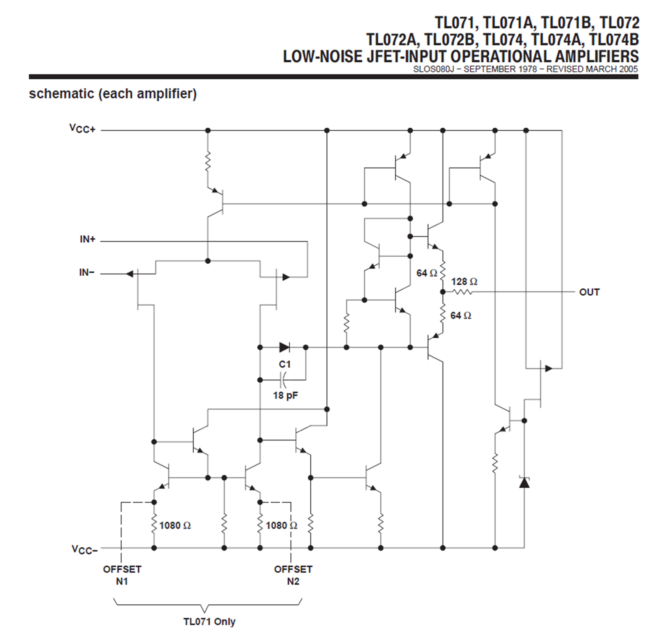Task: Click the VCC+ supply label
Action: pos(82,129)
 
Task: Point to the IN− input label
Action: pos(87,272)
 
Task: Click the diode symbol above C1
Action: pos(284,347)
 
